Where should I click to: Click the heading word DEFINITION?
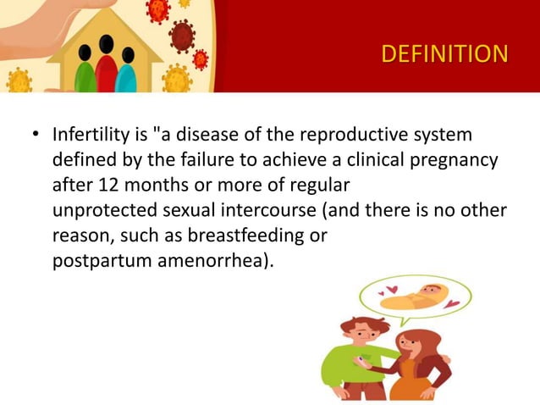pos(444,54)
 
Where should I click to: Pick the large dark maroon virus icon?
pos(181,36)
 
